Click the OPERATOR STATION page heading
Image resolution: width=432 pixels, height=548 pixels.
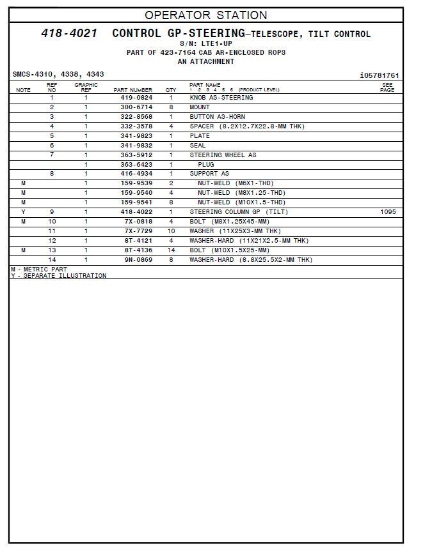click(205, 15)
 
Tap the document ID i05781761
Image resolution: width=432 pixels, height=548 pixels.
click(379, 75)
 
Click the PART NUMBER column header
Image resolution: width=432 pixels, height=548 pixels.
click(132, 90)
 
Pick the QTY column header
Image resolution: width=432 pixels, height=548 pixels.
click(171, 90)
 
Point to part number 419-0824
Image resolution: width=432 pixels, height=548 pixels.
click(136, 98)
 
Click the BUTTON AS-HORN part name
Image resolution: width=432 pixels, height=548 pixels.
click(217, 117)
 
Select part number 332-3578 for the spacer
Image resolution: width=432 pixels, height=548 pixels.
click(136, 126)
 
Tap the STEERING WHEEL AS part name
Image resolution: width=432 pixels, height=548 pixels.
click(223, 155)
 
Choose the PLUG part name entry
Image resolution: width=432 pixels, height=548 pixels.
click(205, 165)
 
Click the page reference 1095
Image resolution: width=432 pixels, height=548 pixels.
click(388, 212)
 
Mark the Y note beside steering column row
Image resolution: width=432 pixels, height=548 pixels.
click(24, 212)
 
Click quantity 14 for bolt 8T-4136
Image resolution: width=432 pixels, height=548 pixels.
click(171, 250)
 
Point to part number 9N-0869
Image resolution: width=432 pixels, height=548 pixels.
click(136, 260)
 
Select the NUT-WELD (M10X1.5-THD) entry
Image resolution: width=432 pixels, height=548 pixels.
click(241, 202)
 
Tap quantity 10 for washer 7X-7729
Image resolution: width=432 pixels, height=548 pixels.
click(171, 231)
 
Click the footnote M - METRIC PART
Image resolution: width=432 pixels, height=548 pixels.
click(39, 270)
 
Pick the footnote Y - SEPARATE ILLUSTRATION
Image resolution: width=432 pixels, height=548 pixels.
click(59, 276)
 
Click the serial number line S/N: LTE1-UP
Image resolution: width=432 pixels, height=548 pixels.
click(205, 43)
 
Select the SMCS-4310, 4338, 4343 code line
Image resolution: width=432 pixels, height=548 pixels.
click(58, 75)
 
